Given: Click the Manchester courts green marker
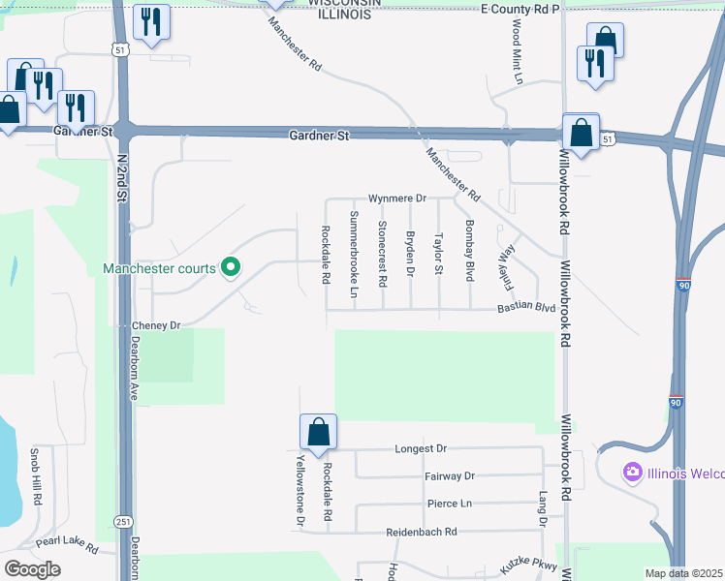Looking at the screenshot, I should click(x=231, y=267).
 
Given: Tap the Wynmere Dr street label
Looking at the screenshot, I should click(x=396, y=199).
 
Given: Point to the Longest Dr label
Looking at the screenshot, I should click(x=421, y=448).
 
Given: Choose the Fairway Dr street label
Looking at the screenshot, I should click(x=450, y=476).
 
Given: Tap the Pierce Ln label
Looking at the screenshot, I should click(x=449, y=504).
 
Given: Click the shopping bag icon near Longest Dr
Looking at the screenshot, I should click(x=318, y=432).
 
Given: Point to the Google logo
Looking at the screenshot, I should click(x=32, y=568).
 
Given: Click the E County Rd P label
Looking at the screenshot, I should click(x=521, y=9).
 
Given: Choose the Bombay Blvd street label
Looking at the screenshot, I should click(x=470, y=250).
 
